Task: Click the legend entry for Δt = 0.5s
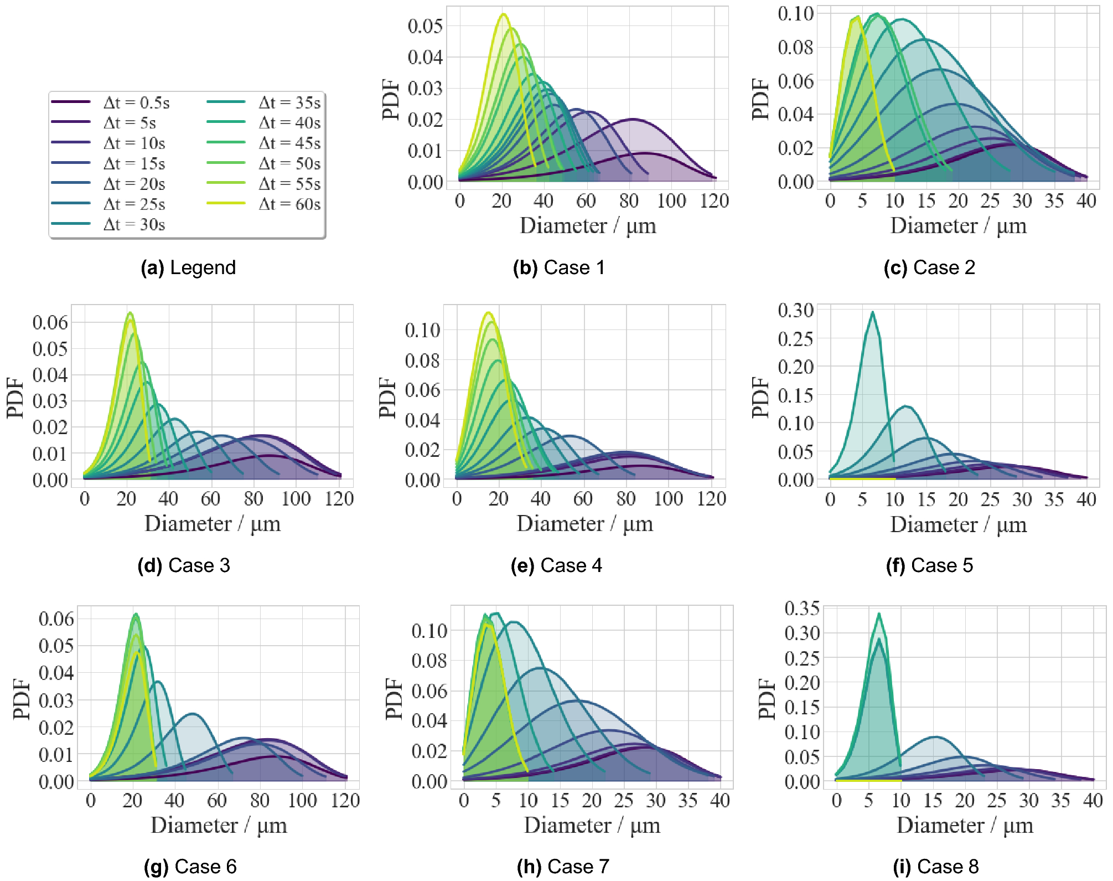[x=136, y=102]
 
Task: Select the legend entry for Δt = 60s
[x=289, y=204]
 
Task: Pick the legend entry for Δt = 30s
[x=134, y=224]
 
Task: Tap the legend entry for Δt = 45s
[x=289, y=143]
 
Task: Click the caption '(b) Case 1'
[x=558, y=267]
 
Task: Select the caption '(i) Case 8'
[x=935, y=866]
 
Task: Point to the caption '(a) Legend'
[x=188, y=267]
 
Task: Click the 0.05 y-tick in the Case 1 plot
[x=425, y=25]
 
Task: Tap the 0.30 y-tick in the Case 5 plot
[x=795, y=310]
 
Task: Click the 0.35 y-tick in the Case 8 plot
[x=802, y=608]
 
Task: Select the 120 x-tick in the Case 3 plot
[x=339, y=499]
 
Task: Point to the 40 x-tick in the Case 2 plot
[x=1086, y=201]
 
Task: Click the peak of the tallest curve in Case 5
[x=872, y=312]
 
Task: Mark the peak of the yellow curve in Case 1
[x=503, y=14]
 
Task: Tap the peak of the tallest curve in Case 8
[x=879, y=614]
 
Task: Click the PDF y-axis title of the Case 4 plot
[x=388, y=397]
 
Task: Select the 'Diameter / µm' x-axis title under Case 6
[x=219, y=825]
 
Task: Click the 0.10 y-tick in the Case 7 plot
[x=429, y=630]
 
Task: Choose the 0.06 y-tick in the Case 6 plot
[x=56, y=619]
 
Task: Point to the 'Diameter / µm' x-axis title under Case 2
[x=958, y=226]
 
